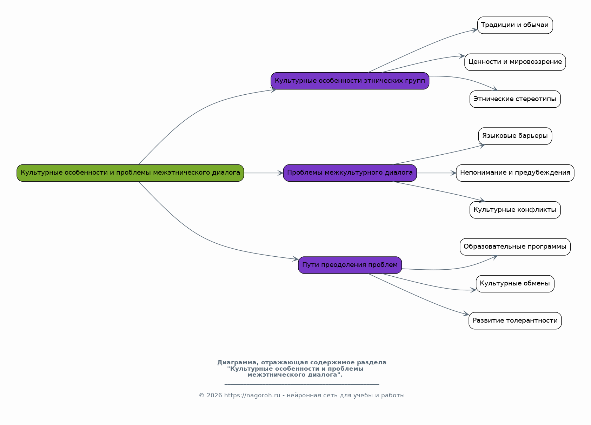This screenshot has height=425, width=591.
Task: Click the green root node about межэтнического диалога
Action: (130, 173)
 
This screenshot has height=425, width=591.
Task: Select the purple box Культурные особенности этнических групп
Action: (350, 81)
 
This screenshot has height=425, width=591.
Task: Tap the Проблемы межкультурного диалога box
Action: (350, 173)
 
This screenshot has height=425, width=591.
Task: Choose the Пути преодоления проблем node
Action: (350, 265)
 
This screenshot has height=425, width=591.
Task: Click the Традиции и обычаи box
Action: (515, 25)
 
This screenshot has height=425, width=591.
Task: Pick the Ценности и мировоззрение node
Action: (515, 62)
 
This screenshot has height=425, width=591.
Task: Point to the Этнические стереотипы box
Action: (515, 99)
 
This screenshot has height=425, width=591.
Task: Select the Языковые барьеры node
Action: (515, 136)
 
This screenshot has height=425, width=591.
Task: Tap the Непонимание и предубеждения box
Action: (515, 173)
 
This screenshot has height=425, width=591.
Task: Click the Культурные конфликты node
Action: (515, 210)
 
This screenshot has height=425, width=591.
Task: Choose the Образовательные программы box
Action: (515, 247)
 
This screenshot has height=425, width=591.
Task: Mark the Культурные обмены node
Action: (515, 284)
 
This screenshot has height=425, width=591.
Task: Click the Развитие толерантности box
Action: (515, 321)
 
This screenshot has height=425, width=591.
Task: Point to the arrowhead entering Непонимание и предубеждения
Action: (453, 173)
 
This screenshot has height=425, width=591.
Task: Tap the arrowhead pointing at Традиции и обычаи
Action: (474, 30)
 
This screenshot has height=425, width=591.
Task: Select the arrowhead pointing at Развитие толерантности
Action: (466, 314)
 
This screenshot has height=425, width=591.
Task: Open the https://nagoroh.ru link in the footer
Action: (252, 396)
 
